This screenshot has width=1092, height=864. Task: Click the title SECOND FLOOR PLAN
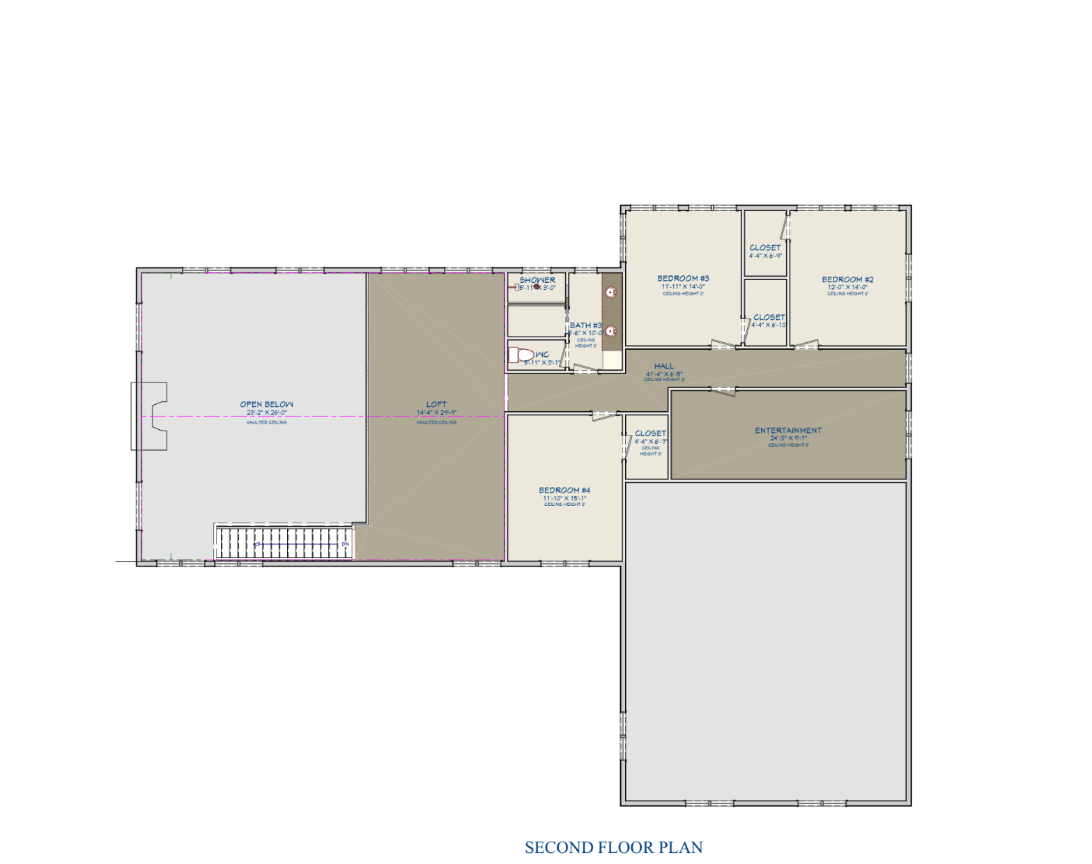point(613,847)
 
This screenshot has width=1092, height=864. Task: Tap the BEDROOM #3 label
point(683,278)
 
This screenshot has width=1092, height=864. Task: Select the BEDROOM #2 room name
point(847,279)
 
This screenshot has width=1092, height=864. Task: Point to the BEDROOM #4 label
point(564,490)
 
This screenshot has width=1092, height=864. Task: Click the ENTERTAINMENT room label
point(788,431)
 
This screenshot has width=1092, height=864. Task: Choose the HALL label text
point(664,366)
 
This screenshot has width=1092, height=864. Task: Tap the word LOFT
point(436,404)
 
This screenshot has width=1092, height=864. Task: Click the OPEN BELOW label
point(266,404)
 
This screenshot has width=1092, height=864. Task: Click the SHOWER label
point(537,280)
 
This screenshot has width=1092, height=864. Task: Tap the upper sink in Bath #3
point(611,293)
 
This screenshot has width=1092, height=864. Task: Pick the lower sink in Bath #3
point(611,331)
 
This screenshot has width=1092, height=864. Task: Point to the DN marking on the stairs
point(345,544)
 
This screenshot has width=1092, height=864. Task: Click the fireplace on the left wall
point(149,416)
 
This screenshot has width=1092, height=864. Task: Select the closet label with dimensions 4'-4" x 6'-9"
point(765,248)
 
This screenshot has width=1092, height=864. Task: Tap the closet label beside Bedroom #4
point(650,433)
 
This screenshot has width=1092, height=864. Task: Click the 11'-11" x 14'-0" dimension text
point(683,286)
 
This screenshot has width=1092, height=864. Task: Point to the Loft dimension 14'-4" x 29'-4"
point(436,412)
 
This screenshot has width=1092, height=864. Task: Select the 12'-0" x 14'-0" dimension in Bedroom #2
point(847,287)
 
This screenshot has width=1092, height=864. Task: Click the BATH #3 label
point(585,325)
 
